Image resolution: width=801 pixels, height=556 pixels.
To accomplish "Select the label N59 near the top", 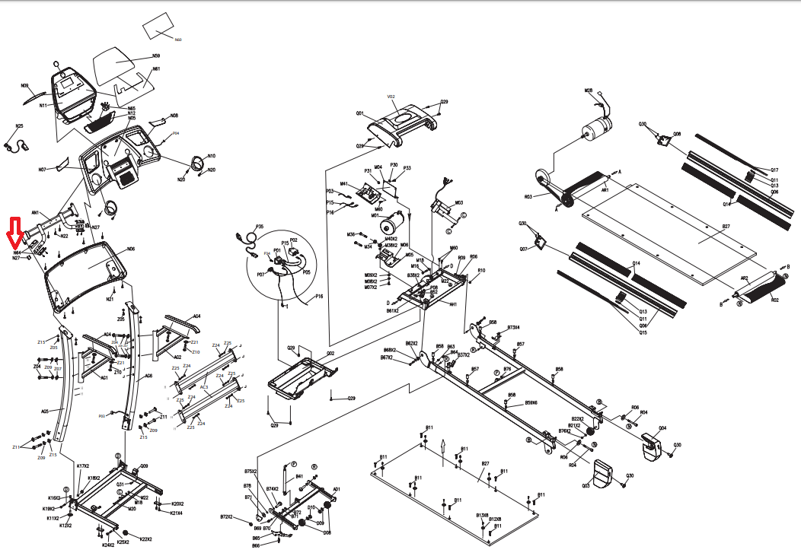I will click(x=156, y=56).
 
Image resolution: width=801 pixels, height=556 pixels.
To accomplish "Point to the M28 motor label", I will click(x=589, y=91).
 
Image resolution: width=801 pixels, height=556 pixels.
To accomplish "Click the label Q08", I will click(x=677, y=134).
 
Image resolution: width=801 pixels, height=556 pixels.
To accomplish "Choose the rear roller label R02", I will click(x=775, y=300).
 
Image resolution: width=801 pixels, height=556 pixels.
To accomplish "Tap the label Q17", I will click(x=774, y=170).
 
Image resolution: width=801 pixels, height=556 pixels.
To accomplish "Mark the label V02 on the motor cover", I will click(x=391, y=97).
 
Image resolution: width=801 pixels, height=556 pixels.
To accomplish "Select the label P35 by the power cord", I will click(x=260, y=227).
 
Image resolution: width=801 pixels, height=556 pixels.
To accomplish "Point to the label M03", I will click(x=458, y=203).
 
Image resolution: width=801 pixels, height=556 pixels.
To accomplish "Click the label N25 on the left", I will click(x=19, y=125).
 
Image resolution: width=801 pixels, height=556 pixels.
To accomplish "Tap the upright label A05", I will click(x=45, y=411).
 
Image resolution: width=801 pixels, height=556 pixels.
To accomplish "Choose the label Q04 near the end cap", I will click(x=662, y=428).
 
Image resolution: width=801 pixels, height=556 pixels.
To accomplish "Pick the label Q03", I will click(x=586, y=485).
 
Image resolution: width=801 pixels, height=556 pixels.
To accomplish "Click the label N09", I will click(x=24, y=86).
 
